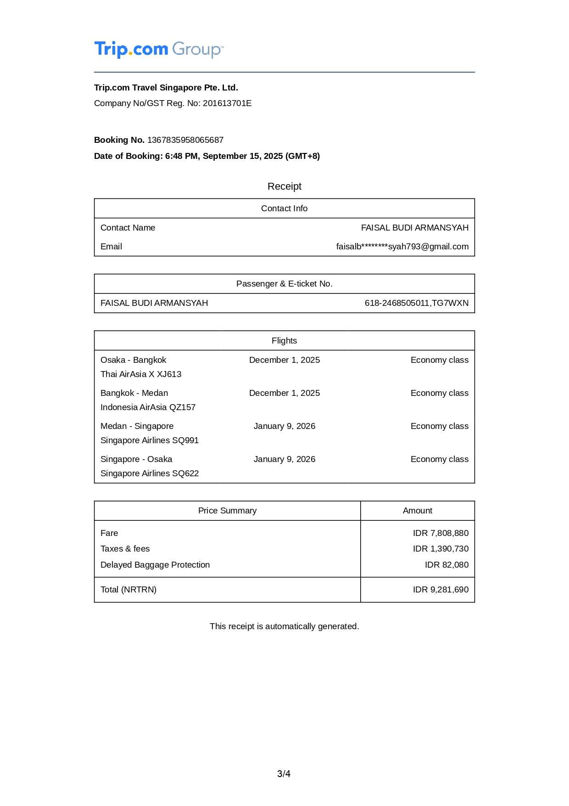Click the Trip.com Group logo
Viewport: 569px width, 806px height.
[x=159, y=49]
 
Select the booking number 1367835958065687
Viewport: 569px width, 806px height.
[x=185, y=140]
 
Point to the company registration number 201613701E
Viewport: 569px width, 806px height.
[x=227, y=103]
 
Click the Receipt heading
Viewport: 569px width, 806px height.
[x=284, y=186]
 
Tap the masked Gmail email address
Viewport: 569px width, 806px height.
[x=402, y=247]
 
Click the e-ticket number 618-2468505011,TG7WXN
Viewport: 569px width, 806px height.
[x=416, y=303]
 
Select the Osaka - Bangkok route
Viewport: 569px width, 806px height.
[x=133, y=360]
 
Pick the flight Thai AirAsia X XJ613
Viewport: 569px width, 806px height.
[x=141, y=374]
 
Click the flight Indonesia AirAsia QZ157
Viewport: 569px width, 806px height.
[x=148, y=407]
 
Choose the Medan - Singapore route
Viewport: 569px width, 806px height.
[x=137, y=426]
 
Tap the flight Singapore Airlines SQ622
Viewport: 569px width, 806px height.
[x=150, y=473]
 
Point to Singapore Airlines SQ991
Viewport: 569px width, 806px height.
[x=150, y=440]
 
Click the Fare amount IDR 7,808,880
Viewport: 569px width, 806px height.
[x=441, y=533]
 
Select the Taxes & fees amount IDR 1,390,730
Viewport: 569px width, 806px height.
[x=441, y=549]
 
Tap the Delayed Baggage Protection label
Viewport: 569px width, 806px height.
[x=155, y=565]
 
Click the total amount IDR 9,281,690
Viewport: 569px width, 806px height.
[x=441, y=590]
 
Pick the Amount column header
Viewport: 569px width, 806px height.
[x=417, y=511]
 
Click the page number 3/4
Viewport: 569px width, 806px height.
[x=284, y=774]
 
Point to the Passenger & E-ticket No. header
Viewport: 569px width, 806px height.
[x=284, y=284]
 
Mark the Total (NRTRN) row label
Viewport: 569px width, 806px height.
[x=128, y=590]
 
